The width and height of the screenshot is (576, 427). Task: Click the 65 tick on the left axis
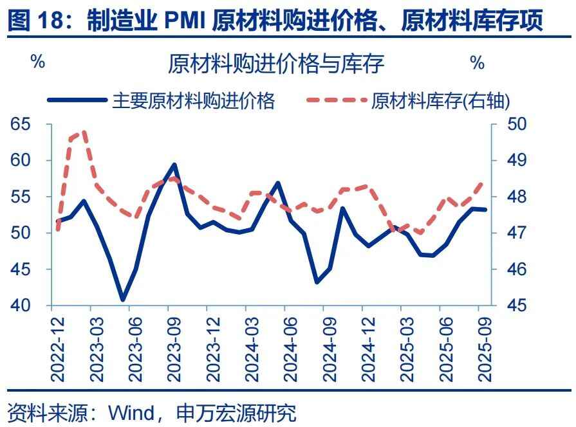coord(21,123)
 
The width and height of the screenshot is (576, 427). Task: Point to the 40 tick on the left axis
coord(21,305)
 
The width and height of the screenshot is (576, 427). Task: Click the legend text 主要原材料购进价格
coord(194,100)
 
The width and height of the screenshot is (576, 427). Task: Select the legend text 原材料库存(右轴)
coord(441,100)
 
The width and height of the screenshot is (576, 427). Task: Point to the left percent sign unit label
coord(38,62)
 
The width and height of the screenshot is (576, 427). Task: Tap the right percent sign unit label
coord(477,62)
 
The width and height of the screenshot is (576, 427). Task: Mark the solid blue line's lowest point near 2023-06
coord(123,300)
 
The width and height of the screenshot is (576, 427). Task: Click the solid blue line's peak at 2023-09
coord(174,165)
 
